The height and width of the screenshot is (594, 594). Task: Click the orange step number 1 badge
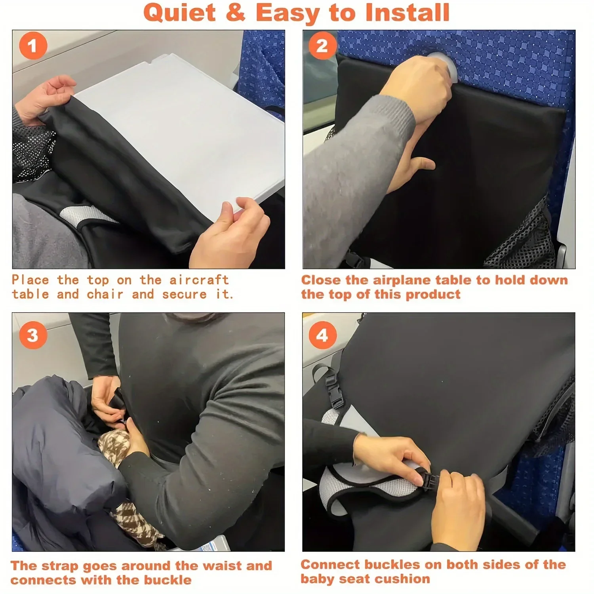(x=33, y=46)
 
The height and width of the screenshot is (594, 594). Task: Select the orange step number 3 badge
(x=33, y=335)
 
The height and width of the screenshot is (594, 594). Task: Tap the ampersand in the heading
(x=236, y=13)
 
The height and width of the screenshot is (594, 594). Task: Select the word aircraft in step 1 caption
(x=199, y=280)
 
